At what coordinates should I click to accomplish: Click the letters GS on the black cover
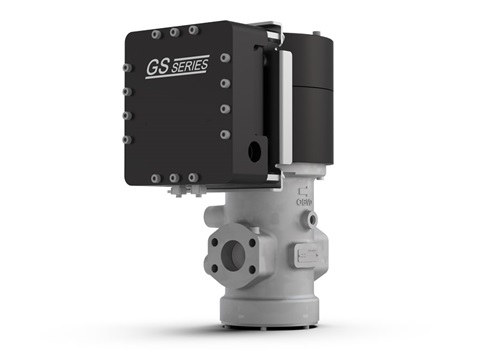click(x=158, y=67)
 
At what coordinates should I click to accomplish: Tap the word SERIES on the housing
click(x=190, y=66)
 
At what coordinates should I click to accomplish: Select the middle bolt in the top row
click(x=174, y=33)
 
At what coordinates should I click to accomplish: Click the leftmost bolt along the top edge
click(x=156, y=35)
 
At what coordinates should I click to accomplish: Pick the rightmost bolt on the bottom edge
click(x=193, y=177)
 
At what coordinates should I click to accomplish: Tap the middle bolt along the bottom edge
click(x=174, y=178)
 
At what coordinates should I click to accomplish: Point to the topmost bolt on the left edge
click(x=127, y=68)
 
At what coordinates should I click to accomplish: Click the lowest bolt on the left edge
click(x=127, y=140)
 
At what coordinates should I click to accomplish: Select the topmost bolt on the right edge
click(x=225, y=58)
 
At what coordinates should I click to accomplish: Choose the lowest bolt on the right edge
click(x=225, y=135)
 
